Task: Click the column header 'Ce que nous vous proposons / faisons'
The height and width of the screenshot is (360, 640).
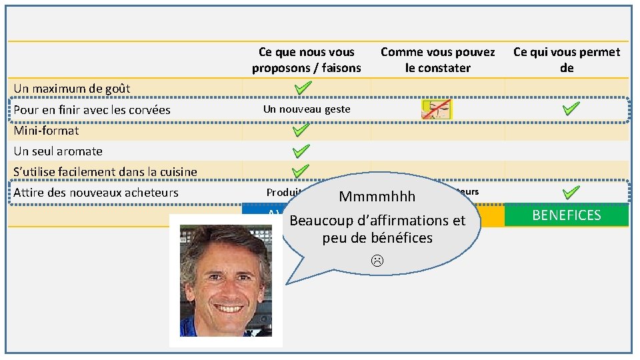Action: [x=307, y=60]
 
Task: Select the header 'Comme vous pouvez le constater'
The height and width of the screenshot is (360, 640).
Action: [x=437, y=60]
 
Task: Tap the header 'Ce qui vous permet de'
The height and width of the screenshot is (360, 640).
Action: [x=567, y=60]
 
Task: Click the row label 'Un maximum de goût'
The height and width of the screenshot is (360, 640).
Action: [x=72, y=89]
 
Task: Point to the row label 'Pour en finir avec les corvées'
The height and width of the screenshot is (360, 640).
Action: [x=92, y=110]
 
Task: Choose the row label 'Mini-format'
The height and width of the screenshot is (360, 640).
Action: [x=46, y=131]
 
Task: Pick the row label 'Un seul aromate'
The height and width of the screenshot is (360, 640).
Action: [x=58, y=151]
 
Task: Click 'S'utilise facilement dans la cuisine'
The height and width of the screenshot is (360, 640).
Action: [x=105, y=172]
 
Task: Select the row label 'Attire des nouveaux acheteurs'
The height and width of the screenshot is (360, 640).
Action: [x=96, y=193]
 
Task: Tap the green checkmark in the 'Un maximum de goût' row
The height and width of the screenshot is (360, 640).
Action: [x=303, y=88]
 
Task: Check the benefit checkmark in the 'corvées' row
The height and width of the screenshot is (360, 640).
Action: [x=571, y=109]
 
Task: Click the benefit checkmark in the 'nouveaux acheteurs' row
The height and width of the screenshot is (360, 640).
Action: [x=571, y=192]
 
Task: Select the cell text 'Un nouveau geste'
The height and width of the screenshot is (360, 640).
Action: [x=307, y=109]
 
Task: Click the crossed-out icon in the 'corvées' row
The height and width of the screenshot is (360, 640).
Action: [x=437, y=110]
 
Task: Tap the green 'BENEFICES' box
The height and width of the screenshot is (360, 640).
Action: [x=567, y=215]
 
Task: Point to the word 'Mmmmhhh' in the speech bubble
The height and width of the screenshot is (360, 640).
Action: [x=377, y=197]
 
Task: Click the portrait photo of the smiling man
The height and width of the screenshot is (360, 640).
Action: [x=225, y=280]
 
